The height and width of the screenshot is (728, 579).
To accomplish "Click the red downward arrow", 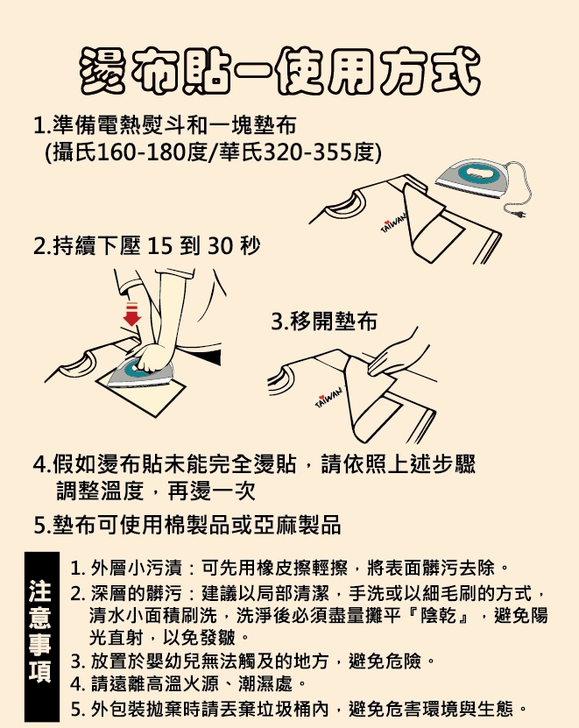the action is click(x=132, y=314).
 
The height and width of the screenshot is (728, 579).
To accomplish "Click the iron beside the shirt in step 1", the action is click(x=472, y=179).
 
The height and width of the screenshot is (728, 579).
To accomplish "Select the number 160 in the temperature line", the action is click(x=117, y=152).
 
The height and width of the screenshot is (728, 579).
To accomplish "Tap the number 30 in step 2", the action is click(x=220, y=246).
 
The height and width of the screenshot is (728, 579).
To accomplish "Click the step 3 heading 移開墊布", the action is click(x=334, y=322).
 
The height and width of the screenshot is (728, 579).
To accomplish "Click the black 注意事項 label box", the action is click(x=42, y=636).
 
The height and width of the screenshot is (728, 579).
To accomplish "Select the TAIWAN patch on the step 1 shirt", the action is click(x=393, y=223).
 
